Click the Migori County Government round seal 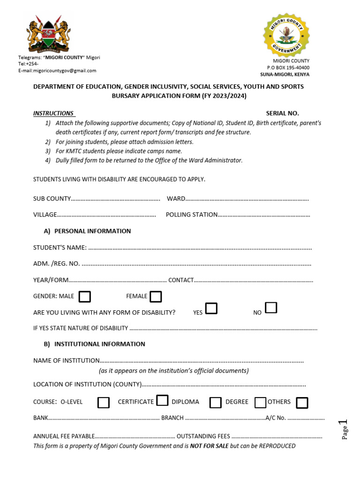pos(286,35)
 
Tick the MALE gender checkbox pos(85,297)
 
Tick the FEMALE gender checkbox pos(156,297)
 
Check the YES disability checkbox pos(211,308)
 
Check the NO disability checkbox pos(271,308)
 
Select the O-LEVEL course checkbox pos(104,403)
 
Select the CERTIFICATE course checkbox pos(162,400)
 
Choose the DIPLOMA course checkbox pos(216,403)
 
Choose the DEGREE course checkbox pos(260,403)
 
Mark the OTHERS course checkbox pos(302,403)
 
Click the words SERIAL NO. pos(282,113)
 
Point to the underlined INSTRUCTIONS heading pos(53,113)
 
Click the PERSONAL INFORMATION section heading pos(92,231)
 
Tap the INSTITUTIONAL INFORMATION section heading pos(99,344)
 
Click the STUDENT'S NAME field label pos(60,247)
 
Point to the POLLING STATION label pos(192,215)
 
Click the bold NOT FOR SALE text pos(209,446)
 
